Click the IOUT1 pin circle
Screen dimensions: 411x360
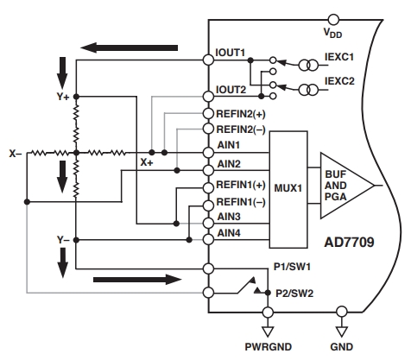point(208,60)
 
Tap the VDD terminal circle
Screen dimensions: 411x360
point(333,20)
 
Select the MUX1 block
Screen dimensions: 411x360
point(288,189)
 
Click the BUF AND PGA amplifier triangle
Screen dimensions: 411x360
point(347,186)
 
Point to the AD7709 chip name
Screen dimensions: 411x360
point(350,243)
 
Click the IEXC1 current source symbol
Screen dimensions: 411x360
point(308,66)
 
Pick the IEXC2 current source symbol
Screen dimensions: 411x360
point(308,90)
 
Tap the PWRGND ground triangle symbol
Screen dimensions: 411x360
point(268,332)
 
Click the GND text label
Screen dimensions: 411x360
point(342,347)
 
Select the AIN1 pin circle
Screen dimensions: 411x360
point(208,153)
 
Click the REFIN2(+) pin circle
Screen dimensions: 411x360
point(208,113)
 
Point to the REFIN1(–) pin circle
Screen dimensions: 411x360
point(208,205)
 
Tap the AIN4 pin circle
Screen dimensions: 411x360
point(208,239)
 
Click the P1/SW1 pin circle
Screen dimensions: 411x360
point(208,268)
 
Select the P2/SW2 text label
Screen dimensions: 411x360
point(294,294)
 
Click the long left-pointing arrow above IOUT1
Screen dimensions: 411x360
point(129,47)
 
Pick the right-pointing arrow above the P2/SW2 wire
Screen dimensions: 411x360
point(137,280)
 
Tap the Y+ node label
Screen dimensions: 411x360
point(63,97)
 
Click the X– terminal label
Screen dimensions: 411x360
point(16,154)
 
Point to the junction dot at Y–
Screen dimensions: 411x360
point(76,240)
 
